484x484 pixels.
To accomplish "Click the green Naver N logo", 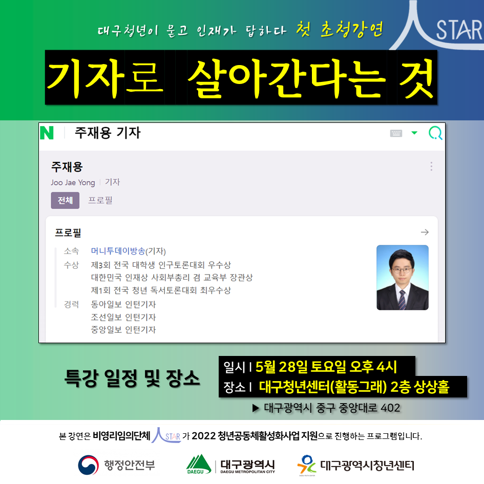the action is click(47, 133).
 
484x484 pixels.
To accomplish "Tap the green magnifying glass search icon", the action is click(435, 133).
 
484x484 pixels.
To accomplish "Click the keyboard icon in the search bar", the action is click(396, 133).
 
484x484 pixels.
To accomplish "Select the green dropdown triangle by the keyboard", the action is click(414, 133).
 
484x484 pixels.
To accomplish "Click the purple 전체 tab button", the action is click(65, 200).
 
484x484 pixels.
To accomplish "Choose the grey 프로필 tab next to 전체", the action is click(100, 200).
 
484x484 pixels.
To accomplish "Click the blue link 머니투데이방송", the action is click(118, 251).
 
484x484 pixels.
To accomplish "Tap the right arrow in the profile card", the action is click(425, 232).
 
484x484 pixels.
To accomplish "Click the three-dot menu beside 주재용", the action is click(431, 166).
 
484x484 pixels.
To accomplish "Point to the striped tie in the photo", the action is click(402, 300).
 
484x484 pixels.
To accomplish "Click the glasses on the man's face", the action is click(402, 270).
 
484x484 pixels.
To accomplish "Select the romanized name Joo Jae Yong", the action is click(73, 182).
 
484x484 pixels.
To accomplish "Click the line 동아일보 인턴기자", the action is click(123, 304).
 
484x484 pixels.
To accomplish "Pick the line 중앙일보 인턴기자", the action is click(123, 330).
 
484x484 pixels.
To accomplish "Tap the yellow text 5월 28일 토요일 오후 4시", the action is click(326, 367).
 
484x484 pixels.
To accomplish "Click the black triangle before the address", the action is click(256, 408).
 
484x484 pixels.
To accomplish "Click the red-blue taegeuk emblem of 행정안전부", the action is click(88, 465).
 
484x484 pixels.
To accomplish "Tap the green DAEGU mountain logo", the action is click(199, 464).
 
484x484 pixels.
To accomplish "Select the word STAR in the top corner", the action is click(459, 30).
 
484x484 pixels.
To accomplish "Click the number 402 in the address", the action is click(390, 408).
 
